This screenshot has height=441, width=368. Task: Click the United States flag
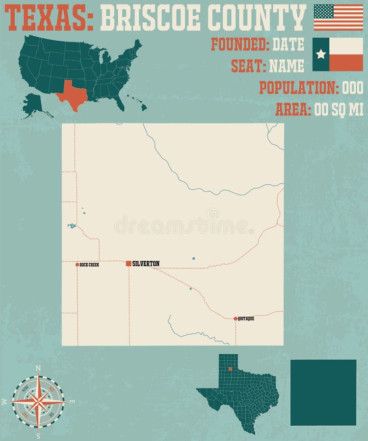pos(338,17)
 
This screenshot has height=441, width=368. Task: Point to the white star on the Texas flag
pos(321,54)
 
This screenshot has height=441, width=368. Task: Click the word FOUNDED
pos(240,45)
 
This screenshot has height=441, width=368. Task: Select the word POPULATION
pos(297,88)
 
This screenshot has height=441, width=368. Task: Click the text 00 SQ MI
pos(338,110)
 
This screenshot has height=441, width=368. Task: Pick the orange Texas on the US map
pos(72,95)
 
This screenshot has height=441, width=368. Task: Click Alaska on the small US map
pos(33,104)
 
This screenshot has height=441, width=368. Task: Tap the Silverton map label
pos(146,264)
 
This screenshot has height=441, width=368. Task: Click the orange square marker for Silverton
pos(129,264)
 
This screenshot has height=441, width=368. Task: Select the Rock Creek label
pos(90,265)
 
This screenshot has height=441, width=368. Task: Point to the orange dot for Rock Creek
pos(77,265)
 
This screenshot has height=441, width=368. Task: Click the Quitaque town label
pos(246,318)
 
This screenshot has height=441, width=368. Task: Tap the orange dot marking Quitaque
pos(236,318)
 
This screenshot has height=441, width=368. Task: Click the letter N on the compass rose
pos(38,367)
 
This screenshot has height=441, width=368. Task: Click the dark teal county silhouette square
pos(323,392)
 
